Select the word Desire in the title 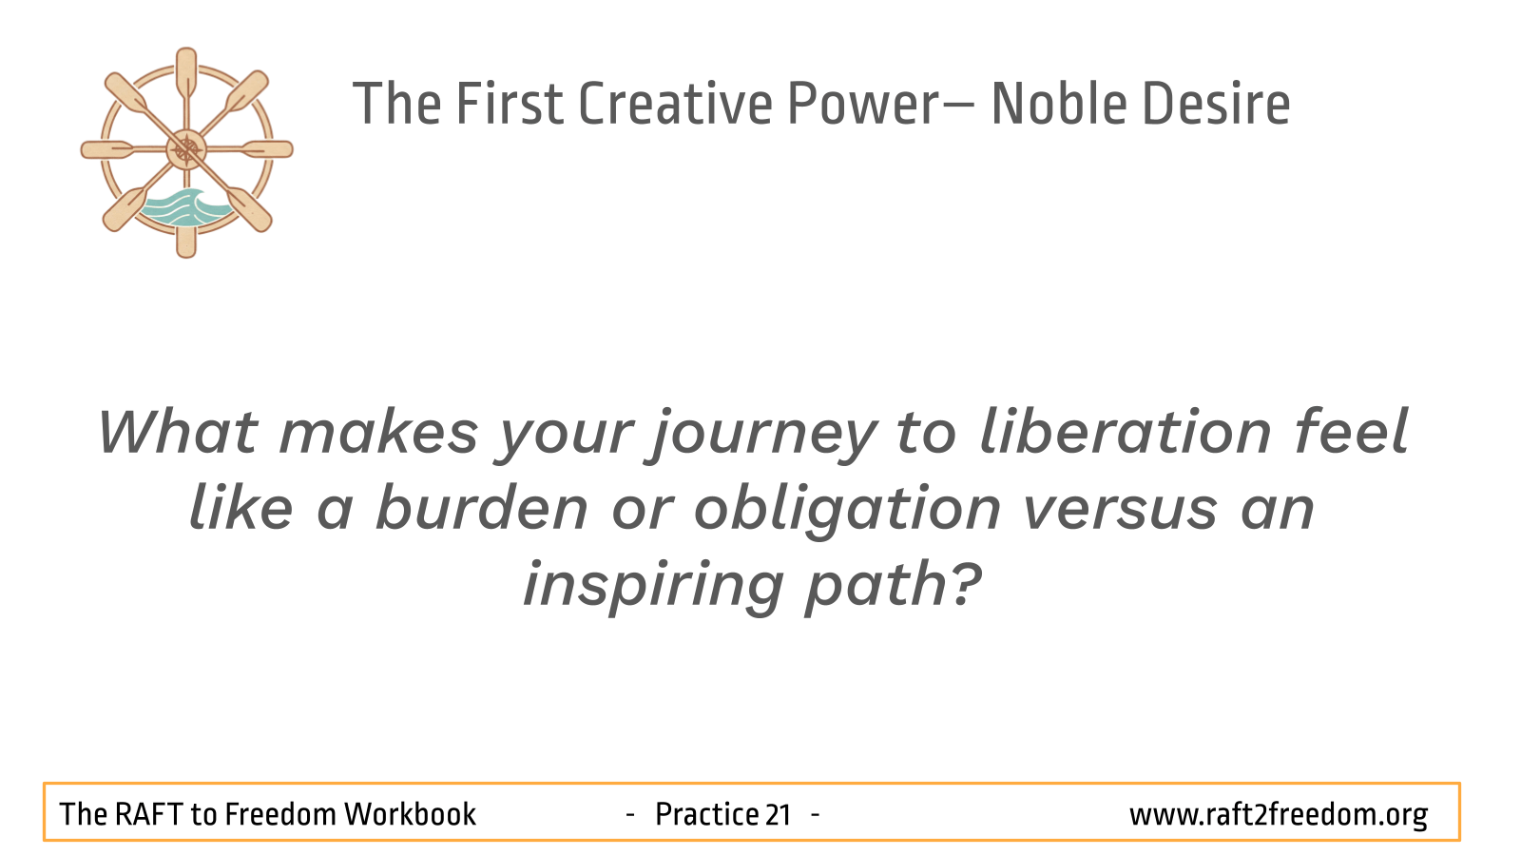click(x=1216, y=104)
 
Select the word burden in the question click(x=481, y=507)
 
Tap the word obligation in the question click(x=847, y=511)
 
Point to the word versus click(x=1121, y=511)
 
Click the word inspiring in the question click(x=654, y=587)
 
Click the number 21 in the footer click(x=778, y=814)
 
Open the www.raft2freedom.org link click(x=1279, y=815)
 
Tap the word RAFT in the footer click(x=148, y=814)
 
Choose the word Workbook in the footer click(x=410, y=814)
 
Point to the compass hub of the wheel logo click(x=186, y=149)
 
